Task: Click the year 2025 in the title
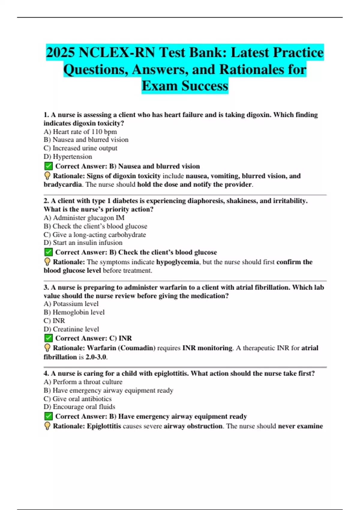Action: point(60,53)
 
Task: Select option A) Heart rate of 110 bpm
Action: point(80,132)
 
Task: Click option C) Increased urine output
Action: point(80,148)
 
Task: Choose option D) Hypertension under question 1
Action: point(68,157)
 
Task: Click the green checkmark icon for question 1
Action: point(48,166)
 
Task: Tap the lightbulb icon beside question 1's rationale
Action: point(47,176)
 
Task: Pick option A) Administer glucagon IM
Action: point(84,218)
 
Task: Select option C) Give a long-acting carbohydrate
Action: point(94,235)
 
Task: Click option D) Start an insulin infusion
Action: point(83,243)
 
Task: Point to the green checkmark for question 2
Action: point(48,252)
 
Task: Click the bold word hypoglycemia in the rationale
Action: point(177,262)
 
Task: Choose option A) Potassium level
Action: point(71,304)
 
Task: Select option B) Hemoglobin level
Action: point(74,312)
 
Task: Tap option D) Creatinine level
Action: point(71,329)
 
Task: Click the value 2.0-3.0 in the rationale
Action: point(96,357)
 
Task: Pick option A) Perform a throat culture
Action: point(83,382)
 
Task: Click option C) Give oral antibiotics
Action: point(77,399)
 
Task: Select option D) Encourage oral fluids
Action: point(79,407)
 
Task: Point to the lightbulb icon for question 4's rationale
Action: point(47,426)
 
